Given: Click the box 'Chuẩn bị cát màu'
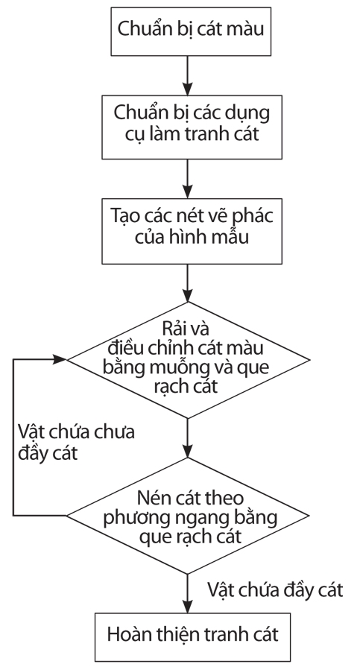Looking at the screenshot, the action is coord(191,31).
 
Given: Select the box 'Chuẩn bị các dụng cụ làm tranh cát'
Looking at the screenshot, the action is coord(192,127).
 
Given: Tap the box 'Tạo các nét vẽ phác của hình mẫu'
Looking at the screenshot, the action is coord(192,231).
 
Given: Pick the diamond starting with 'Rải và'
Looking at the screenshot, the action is coord(188,360).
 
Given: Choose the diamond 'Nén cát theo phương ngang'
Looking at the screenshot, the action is coord(188,516).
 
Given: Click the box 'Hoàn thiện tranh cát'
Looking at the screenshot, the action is coord(192,636).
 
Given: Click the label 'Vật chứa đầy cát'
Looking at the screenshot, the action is coord(275,590).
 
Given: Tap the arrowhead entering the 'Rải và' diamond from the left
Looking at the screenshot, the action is coord(60,359).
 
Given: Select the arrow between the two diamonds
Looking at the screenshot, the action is coord(187,437).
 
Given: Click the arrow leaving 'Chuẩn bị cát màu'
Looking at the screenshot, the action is coord(187,75).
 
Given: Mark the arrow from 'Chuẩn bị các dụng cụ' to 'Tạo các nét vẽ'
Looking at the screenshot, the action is coord(187,179).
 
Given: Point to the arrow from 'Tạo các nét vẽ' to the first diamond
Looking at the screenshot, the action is coord(187,283).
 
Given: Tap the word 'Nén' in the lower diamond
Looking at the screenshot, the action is coord(151,497).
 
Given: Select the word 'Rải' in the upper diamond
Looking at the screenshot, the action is coord(174,329).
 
